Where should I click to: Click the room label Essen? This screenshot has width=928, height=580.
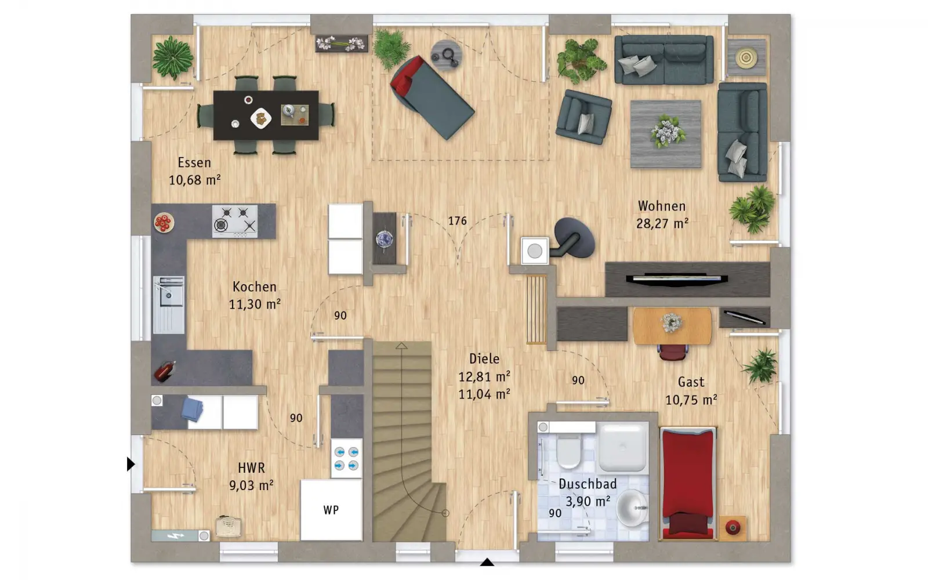(194, 162)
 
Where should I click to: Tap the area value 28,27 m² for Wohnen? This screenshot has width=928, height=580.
(662, 224)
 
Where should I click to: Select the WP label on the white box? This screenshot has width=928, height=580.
(331, 510)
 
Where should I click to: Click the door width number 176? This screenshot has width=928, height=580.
(458, 221)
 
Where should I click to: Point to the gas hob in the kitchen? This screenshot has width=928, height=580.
(235, 222)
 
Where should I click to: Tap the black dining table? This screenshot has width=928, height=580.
(266, 115)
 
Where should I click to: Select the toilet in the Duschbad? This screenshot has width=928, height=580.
(568, 451)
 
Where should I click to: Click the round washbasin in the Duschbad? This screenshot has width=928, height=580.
(632, 507)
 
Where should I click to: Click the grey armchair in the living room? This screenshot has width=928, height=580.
(583, 117)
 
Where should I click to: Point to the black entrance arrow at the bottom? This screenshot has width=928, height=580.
(487, 562)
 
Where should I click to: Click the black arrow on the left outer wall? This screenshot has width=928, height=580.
(130, 464)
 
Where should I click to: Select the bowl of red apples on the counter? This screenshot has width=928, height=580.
(164, 223)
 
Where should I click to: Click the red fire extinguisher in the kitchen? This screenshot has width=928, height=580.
(165, 371)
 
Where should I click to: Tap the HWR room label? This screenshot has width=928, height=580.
(252, 467)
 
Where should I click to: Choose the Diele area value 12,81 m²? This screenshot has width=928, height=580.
(484, 377)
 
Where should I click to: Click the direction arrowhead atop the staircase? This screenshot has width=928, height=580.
(401, 346)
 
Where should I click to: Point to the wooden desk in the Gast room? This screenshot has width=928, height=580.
(672, 325)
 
